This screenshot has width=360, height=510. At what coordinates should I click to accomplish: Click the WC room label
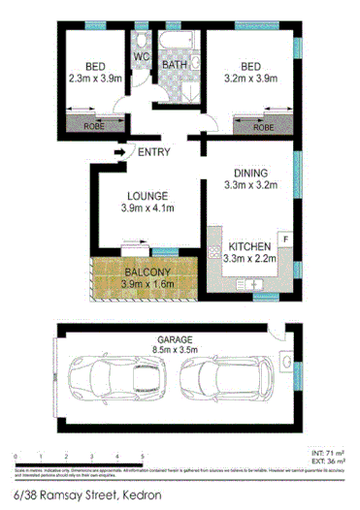click(142, 57)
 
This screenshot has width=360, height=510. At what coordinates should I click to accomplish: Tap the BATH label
click(176, 65)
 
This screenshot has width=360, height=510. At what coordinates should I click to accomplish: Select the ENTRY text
click(155, 151)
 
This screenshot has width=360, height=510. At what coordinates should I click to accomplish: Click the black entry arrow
click(120, 151)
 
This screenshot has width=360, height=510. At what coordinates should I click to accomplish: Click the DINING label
click(247, 168)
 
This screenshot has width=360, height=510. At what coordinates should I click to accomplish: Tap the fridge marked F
click(285, 238)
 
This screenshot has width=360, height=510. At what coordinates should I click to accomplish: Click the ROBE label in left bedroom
click(95, 127)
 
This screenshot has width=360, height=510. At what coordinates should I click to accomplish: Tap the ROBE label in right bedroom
click(262, 127)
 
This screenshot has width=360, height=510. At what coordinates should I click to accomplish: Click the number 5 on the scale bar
click(143, 456)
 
